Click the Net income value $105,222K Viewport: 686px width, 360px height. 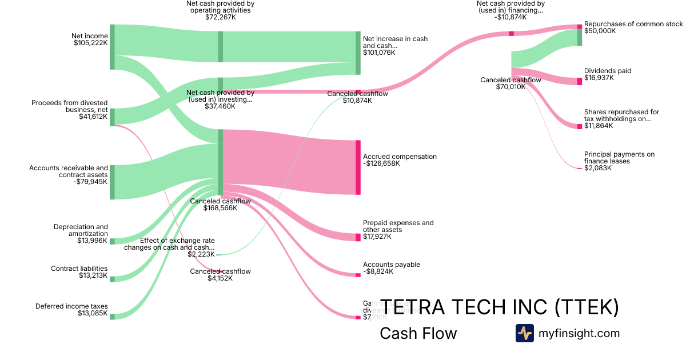[90, 43]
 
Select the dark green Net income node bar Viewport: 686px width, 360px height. [112, 47]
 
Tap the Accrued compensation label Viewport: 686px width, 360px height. [400, 156]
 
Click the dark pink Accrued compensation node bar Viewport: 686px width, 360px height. [358, 167]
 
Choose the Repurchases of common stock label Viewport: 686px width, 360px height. [633, 24]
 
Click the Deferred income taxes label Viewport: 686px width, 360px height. [71, 306]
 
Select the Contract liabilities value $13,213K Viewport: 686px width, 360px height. [93, 275]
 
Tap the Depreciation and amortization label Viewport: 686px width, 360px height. [81, 230]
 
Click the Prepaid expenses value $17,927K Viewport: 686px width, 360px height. [377, 237]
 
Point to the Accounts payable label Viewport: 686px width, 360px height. [392, 265]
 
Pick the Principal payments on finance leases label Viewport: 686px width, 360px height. [619, 158]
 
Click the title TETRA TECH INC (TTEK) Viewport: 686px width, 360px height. [499, 307]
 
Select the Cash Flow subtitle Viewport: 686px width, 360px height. [418, 334]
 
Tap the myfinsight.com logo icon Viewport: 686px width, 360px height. [524, 333]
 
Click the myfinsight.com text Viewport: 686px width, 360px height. [579, 333]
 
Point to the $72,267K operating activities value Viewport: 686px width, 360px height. [220, 17]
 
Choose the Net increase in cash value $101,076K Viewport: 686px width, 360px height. [379, 53]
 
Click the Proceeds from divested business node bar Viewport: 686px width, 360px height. [112, 117]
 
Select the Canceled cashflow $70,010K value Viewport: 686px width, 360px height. [510, 87]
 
